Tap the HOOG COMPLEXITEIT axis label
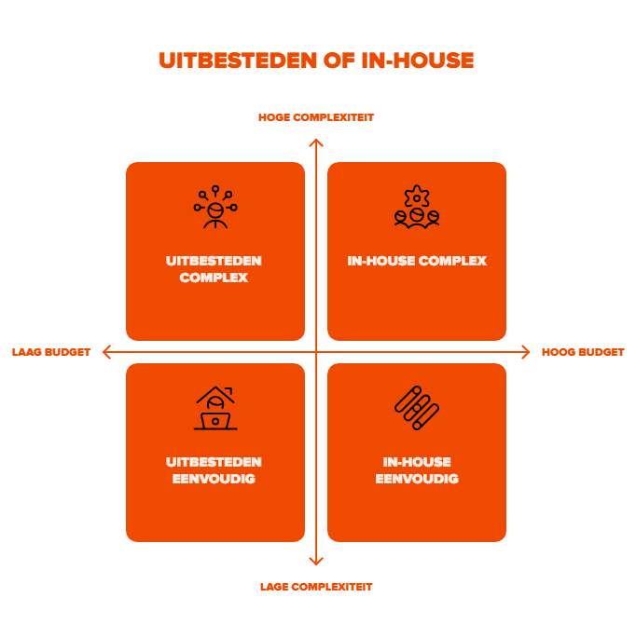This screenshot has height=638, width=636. [x=316, y=117]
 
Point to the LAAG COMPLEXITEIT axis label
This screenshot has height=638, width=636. [x=316, y=587]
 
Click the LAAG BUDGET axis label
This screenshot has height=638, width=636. [x=51, y=352]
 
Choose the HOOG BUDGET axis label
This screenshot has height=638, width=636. [x=583, y=352]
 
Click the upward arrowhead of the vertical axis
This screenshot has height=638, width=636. [x=316, y=143]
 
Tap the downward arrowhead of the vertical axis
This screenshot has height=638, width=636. [x=316, y=561]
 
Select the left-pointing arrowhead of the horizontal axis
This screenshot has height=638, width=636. [x=106, y=352]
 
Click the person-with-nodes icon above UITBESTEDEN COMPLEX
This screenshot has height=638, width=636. [x=215, y=207]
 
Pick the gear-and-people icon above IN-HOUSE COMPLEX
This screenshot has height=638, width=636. [x=417, y=207]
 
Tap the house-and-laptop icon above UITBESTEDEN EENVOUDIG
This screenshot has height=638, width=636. [x=215, y=409]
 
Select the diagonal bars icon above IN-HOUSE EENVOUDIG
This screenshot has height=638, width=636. [x=417, y=408]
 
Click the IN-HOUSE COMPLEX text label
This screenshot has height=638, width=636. [x=417, y=262]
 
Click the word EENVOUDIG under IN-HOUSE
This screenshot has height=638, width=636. [x=417, y=479]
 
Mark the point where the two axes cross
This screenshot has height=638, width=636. [x=316, y=352]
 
